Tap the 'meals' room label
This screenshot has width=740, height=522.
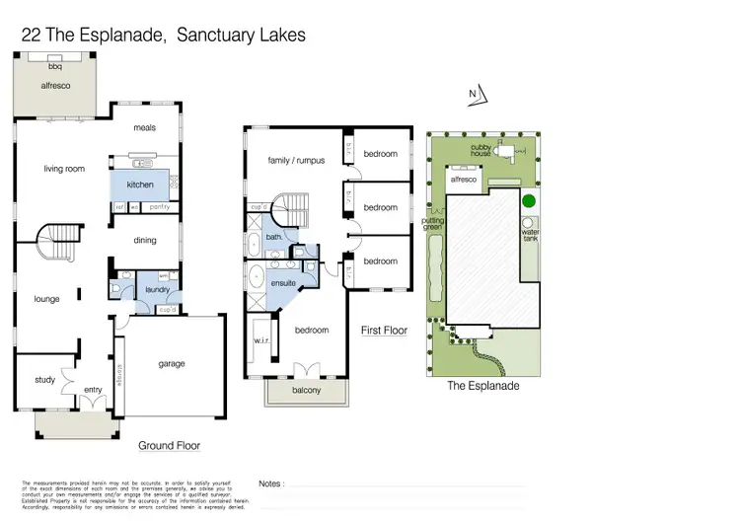tap(145, 127)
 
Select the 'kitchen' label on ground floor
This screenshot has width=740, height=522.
tap(139, 185)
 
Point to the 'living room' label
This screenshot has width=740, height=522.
tap(64, 169)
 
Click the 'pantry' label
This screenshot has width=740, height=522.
tap(159, 207)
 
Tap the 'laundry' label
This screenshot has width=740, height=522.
tap(158, 289)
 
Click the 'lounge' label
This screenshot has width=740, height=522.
tap(46, 299)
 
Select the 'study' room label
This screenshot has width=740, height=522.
tap(44, 379)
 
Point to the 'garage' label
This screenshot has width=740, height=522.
tap(172, 363)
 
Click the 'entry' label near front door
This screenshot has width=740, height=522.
tap(93, 390)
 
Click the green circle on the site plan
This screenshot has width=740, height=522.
tap(528, 201)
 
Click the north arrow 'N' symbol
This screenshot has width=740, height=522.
tap(474, 95)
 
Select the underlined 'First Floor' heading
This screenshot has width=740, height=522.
tap(384, 330)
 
